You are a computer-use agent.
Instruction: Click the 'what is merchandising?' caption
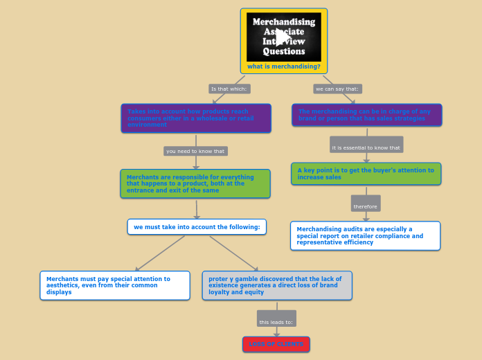tap(284, 66)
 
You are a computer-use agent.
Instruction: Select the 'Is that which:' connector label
tap(229, 89)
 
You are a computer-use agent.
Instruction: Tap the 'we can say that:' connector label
tap(337, 89)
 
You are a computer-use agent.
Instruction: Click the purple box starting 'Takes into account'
tap(196, 118)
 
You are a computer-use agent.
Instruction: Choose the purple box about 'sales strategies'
tap(366, 115)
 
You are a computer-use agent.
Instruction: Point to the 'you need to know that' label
tap(195, 151)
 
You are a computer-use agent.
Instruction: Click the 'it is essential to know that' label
tap(366, 147)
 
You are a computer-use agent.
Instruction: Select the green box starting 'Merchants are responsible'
tap(195, 183)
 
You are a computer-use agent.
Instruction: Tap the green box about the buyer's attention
tap(366, 174)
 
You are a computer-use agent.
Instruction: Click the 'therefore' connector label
tap(365, 206)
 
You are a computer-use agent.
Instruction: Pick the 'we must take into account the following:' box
tap(197, 227)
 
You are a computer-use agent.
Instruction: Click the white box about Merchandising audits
tap(365, 235)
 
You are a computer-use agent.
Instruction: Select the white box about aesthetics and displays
tap(115, 285)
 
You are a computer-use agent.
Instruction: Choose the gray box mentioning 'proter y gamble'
tap(277, 285)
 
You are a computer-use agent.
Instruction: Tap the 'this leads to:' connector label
tap(276, 321)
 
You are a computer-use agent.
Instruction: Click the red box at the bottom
tap(276, 344)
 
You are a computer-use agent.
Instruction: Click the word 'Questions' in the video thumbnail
tap(284, 52)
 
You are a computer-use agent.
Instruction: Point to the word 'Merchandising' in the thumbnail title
tap(284, 21)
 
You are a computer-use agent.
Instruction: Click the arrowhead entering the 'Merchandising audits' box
tap(366, 218)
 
